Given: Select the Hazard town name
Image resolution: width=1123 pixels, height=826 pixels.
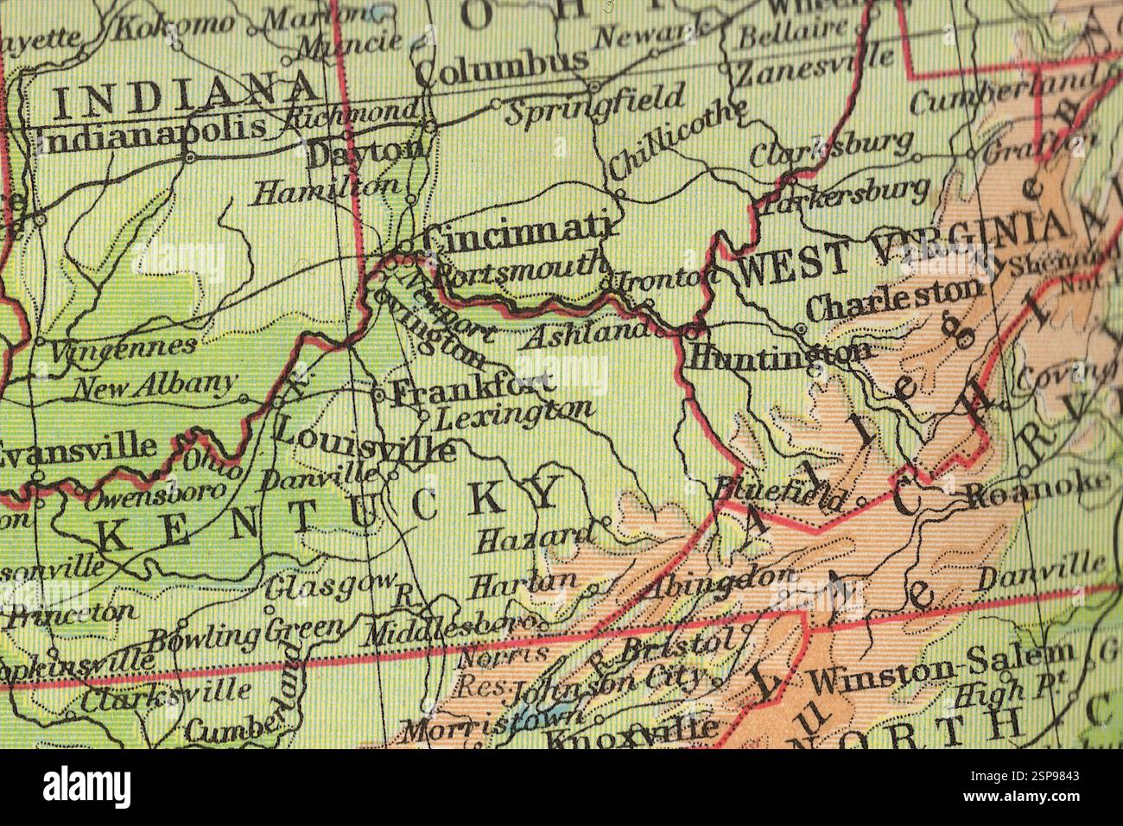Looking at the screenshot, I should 536,538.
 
